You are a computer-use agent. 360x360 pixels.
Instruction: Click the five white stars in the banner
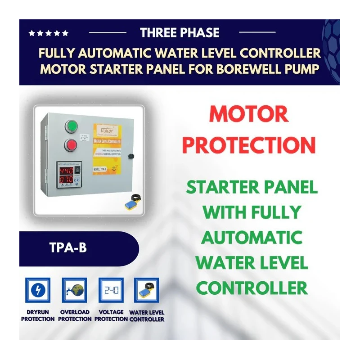pos(48,33)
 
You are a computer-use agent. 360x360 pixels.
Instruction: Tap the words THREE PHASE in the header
pos(180,33)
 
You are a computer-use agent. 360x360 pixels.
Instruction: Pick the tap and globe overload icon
pos(74,291)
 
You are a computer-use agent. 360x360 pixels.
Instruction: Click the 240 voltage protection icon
pos(111,291)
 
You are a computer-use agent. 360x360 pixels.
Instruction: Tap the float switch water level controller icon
pos(147,291)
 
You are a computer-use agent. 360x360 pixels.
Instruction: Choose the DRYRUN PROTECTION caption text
pos(37,315)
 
